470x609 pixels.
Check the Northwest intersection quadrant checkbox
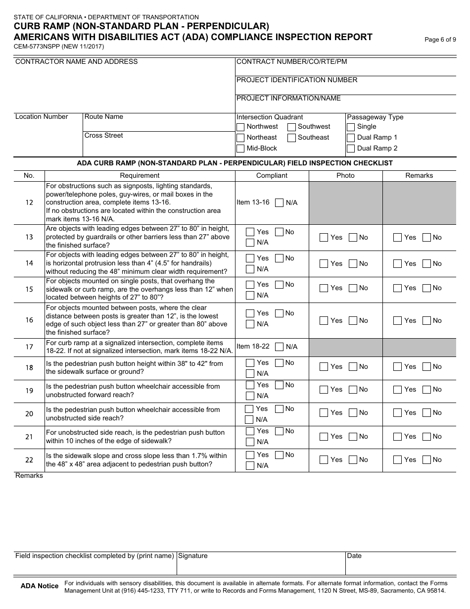click(x=240, y=127)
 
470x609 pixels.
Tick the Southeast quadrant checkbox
click(x=292, y=138)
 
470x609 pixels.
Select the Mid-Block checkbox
click(x=240, y=149)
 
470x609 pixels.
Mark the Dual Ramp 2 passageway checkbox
click(x=351, y=149)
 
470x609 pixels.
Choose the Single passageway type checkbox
click(x=351, y=127)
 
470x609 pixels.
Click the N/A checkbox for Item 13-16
click(x=280, y=203)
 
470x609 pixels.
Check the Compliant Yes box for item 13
click(x=250, y=232)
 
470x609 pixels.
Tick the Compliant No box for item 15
click(x=280, y=285)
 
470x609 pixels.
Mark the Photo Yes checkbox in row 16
click(x=324, y=321)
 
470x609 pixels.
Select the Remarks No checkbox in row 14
click(x=427, y=263)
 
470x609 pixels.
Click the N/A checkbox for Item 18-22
click(x=280, y=347)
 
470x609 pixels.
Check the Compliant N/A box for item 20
click(x=249, y=420)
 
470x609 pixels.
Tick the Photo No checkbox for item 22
click(x=353, y=460)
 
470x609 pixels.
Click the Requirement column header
click(x=140, y=175)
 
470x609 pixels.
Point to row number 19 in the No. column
click(x=29, y=391)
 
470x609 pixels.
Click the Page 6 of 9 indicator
click(x=440, y=40)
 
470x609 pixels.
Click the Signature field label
click(x=193, y=556)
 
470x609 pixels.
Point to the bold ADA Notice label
click(x=40, y=586)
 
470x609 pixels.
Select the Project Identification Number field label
click(x=297, y=80)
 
